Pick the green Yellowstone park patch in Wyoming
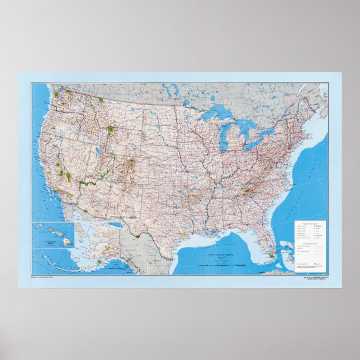[111, 130]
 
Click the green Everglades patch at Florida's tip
[270, 255]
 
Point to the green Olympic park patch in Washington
[56, 95]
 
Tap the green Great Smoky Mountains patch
[246, 191]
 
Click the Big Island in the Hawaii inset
[68, 242]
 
